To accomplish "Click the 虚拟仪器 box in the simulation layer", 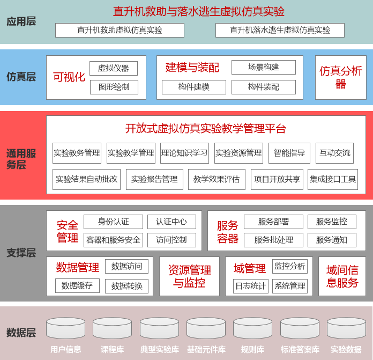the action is [114, 68].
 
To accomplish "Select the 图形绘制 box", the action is [114, 87].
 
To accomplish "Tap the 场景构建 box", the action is [264, 67].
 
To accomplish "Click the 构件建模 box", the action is [194, 87].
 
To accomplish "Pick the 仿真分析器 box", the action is [341, 78].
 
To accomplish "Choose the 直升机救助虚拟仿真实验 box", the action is [120, 30].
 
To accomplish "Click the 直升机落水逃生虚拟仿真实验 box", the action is [280, 30].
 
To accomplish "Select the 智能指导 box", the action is [289, 153].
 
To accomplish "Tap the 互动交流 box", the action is [335, 153].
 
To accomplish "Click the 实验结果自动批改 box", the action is [87, 179].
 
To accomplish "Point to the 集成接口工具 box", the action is [333, 179].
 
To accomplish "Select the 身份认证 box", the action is [113, 222].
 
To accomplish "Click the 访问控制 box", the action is [171, 240].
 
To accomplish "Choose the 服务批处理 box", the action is [273, 240].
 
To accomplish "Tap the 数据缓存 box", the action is [77, 285].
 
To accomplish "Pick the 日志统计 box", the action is [251, 286].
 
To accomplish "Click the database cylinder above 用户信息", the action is [66, 328].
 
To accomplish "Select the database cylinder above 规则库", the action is [252, 328].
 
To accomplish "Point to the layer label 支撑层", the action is [21, 253].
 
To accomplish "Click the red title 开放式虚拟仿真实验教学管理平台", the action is [206, 129].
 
